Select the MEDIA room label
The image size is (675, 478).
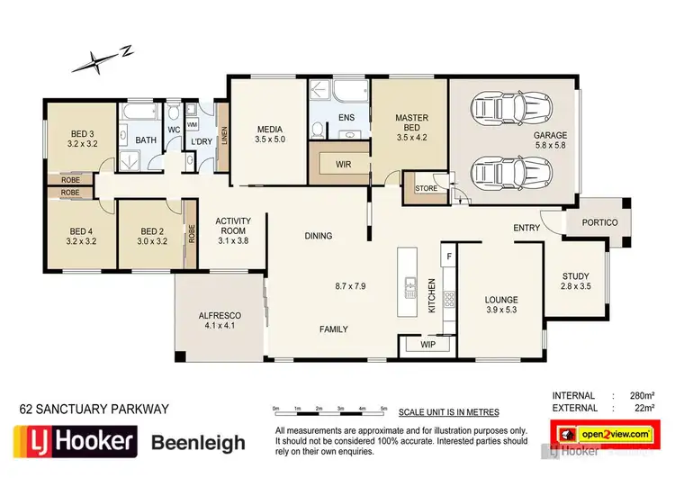(269, 129)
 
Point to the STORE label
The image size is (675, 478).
(426, 189)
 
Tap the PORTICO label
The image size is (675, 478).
(598, 222)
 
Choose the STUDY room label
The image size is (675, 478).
(576, 276)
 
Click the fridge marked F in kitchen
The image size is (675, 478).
(448, 257)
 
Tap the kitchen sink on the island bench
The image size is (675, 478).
(410, 288)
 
